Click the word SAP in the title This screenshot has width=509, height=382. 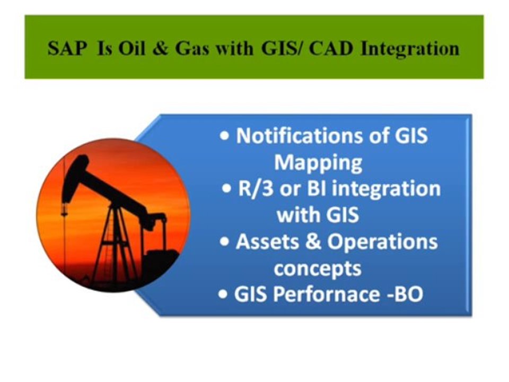point(67,49)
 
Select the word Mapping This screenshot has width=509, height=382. point(318,163)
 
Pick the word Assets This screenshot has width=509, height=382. point(267,242)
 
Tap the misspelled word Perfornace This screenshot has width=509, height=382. point(326,294)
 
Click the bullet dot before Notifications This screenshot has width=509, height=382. point(224,136)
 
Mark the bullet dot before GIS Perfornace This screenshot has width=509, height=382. point(223,294)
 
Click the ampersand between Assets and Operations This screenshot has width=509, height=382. point(313,242)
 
